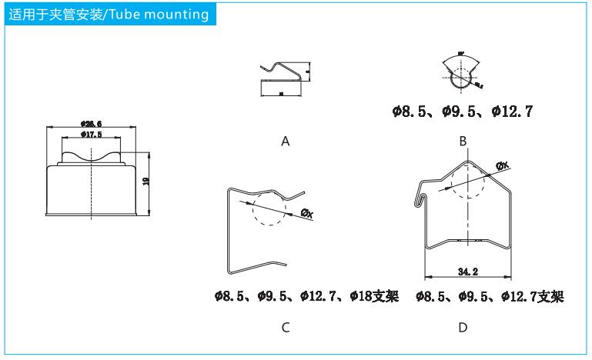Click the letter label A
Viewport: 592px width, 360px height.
[x=286, y=142]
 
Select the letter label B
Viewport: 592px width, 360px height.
[x=463, y=142]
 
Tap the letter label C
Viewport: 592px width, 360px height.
[x=286, y=328]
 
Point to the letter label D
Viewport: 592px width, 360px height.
[x=463, y=328]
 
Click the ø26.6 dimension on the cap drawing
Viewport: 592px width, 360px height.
[x=92, y=123]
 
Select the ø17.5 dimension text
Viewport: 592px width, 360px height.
[x=92, y=135]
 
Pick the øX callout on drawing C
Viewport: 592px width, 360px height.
[x=306, y=213]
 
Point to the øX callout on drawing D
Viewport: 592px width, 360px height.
[x=502, y=165]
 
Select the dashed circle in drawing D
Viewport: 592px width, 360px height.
[x=468, y=182]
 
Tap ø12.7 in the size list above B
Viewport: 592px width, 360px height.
[x=512, y=112]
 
